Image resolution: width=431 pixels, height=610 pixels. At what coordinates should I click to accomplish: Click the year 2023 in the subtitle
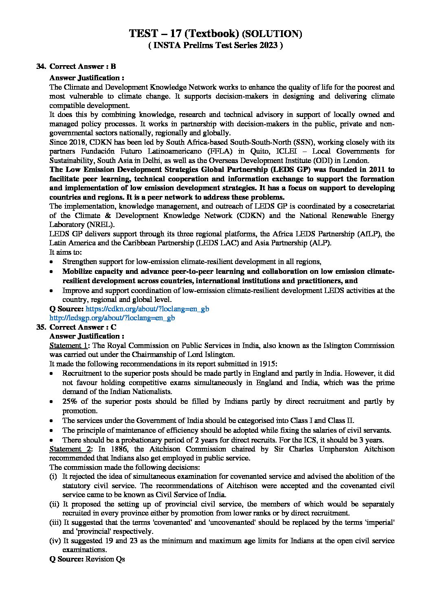click(x=266, y=46)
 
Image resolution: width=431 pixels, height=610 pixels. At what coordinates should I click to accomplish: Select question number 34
click(x=41, y=66)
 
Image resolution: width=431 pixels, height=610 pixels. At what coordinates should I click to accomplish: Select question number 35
click(x=41, y=327)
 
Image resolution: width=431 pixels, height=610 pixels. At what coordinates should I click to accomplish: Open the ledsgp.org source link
click(x=112, y=318)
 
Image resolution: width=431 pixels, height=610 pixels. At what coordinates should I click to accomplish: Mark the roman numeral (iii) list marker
click(x=55, y=522)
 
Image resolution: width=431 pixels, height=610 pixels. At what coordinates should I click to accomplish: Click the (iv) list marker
click(x=55, y=541)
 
